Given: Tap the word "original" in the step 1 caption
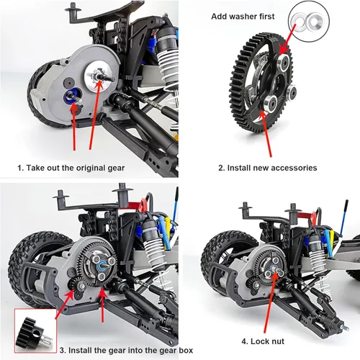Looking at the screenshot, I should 86,167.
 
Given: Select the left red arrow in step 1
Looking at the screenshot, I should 74,126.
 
